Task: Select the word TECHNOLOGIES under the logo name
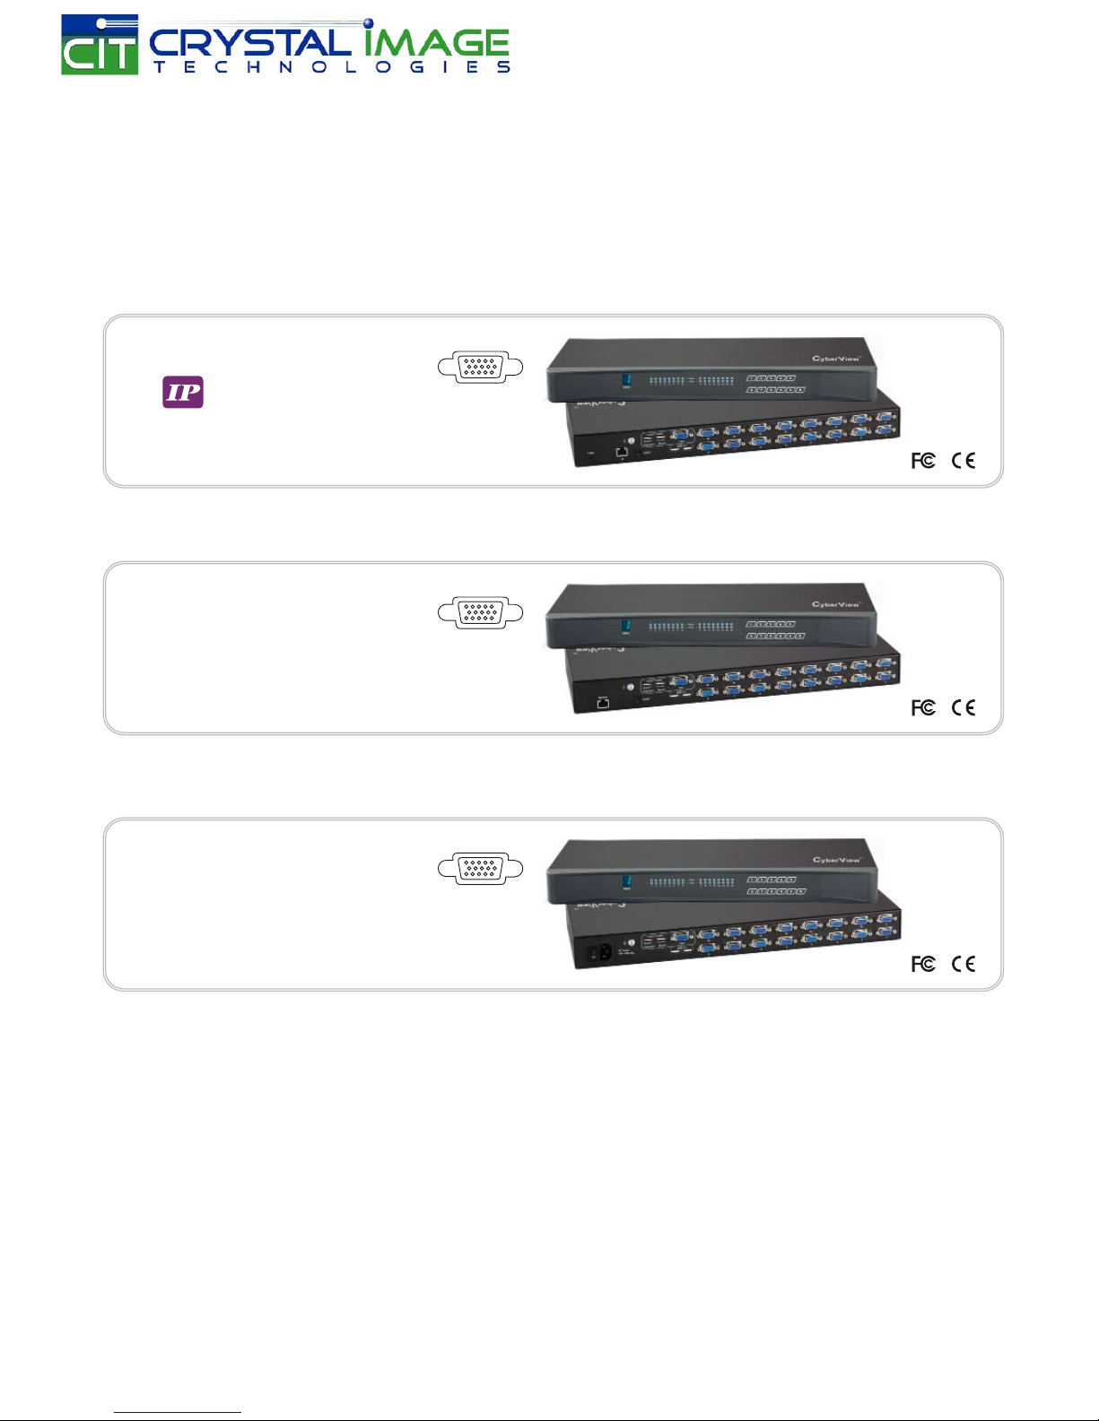click(331, 67)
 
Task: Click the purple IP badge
click(183, 392)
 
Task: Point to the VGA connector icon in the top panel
click(480, 367)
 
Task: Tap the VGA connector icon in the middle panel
click(480, 612)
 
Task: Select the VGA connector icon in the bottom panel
click(480, 868)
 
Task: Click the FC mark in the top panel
click(923, 461)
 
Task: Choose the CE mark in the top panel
click(964, 461)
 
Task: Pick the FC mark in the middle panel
click(923, 708)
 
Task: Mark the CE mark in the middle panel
click(964, 708)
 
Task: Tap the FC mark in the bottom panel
click(923, 964)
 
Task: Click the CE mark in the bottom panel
click(964, 964)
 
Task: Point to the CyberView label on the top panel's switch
click(835, 359)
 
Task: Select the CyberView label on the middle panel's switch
click(835, 604)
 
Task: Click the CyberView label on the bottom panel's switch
click(835, 860)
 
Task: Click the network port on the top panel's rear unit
click(621, 453)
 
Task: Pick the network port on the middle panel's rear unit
click(604, 702)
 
